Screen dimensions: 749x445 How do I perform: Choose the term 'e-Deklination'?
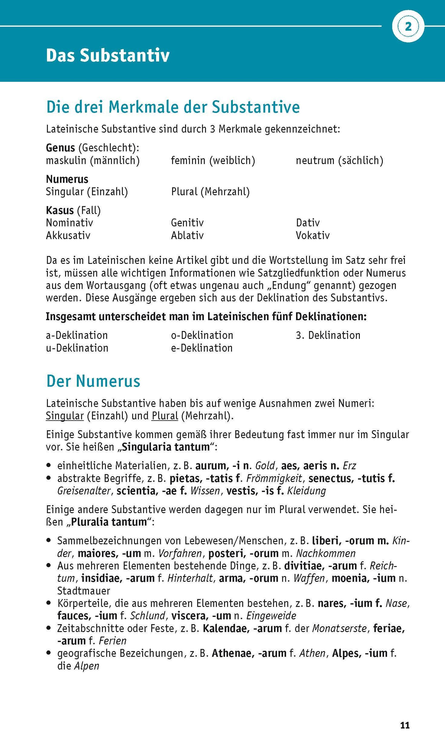pos(202,348)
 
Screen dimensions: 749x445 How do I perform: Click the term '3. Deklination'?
pos(328,335)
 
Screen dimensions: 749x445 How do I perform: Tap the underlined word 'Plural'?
pos(165,416)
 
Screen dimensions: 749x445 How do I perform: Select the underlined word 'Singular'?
pos(65,416)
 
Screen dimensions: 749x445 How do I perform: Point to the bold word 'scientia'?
pos(136,491)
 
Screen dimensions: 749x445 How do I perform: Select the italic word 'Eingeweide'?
pos(271,616)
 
